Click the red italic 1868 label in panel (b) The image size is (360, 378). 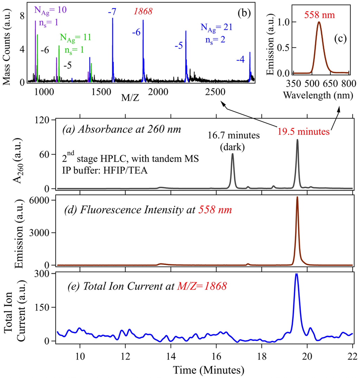tap(143, 12)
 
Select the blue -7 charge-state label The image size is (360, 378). tap(112, 12)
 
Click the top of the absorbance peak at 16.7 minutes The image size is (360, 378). tap(232, 154)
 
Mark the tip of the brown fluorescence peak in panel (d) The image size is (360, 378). tap(297, 197)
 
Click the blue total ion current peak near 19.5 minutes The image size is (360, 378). tap(297, 274)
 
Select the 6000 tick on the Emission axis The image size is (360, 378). tap(43, 200)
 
